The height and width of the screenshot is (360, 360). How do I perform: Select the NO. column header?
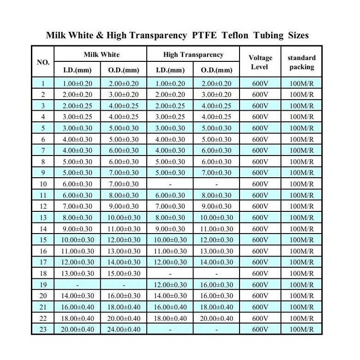point(43,61)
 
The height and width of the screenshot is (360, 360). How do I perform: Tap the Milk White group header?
point(101,54)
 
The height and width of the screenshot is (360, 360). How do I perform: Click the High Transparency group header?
point(193,54)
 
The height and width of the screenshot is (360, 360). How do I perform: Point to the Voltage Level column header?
point(260,62)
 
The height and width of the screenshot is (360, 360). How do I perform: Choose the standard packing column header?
point(301,62)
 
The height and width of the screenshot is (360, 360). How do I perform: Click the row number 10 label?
point(43,184)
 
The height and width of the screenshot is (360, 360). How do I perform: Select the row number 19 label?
point(43,285)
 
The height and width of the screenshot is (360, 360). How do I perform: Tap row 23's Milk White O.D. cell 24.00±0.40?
point(124,330)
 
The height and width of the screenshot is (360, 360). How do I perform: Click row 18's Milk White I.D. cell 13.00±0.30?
point(78,274)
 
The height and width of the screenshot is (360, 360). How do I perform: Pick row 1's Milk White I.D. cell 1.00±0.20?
point(78,84)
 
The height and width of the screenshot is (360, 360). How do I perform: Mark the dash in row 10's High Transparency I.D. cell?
point(170,184)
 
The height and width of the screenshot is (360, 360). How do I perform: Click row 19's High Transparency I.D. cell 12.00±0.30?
point(170,285)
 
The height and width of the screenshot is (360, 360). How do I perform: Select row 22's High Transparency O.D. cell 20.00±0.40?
point(216,318)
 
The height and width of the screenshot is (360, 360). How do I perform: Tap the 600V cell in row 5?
point(260,128)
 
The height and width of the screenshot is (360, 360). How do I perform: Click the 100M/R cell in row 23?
point(301,330)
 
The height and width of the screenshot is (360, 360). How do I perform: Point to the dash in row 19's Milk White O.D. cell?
point(124,285)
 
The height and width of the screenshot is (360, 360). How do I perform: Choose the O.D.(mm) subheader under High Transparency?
point(216,70)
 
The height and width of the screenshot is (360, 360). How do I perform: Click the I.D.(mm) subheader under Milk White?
point(78,70)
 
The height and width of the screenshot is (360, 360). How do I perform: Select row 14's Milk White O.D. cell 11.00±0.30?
point(124,229)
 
